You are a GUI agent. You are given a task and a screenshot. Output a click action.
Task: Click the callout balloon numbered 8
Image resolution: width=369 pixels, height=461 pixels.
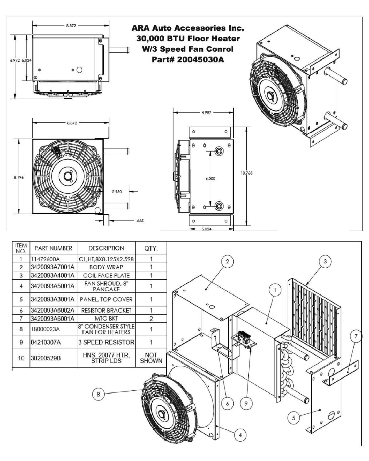98,394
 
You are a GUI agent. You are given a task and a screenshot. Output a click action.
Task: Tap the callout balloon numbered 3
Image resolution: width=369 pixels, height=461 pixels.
325,261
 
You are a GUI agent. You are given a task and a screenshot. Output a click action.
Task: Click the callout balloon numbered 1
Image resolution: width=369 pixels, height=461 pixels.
275,290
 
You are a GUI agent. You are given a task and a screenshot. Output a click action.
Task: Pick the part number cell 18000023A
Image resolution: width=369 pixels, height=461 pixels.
46,329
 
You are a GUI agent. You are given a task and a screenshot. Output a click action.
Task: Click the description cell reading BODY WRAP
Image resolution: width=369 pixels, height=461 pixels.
106,267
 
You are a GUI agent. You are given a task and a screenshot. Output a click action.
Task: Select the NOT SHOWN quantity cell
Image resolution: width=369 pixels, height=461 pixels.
151,358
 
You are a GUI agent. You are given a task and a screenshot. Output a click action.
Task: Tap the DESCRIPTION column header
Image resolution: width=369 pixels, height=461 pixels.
106,248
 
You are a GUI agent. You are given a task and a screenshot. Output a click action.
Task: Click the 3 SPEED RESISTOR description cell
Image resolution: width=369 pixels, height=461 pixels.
107,342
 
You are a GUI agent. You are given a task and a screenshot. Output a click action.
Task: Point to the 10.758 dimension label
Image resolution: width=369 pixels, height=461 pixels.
246,173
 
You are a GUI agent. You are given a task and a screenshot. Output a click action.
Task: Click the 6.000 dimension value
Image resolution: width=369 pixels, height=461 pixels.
210,179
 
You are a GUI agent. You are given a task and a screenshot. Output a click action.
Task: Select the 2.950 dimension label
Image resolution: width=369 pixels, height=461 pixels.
117,191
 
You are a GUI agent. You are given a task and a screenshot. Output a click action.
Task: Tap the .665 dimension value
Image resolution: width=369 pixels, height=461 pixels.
140,220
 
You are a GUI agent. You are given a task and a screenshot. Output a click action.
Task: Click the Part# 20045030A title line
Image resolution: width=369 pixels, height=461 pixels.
188,59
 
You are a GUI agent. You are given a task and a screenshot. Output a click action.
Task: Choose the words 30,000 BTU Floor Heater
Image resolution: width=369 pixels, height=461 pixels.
188,39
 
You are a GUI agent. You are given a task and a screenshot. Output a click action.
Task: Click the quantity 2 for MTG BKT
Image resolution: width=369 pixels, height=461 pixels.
151,319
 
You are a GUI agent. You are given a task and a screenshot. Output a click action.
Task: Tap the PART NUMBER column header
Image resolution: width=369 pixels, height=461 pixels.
53,248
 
